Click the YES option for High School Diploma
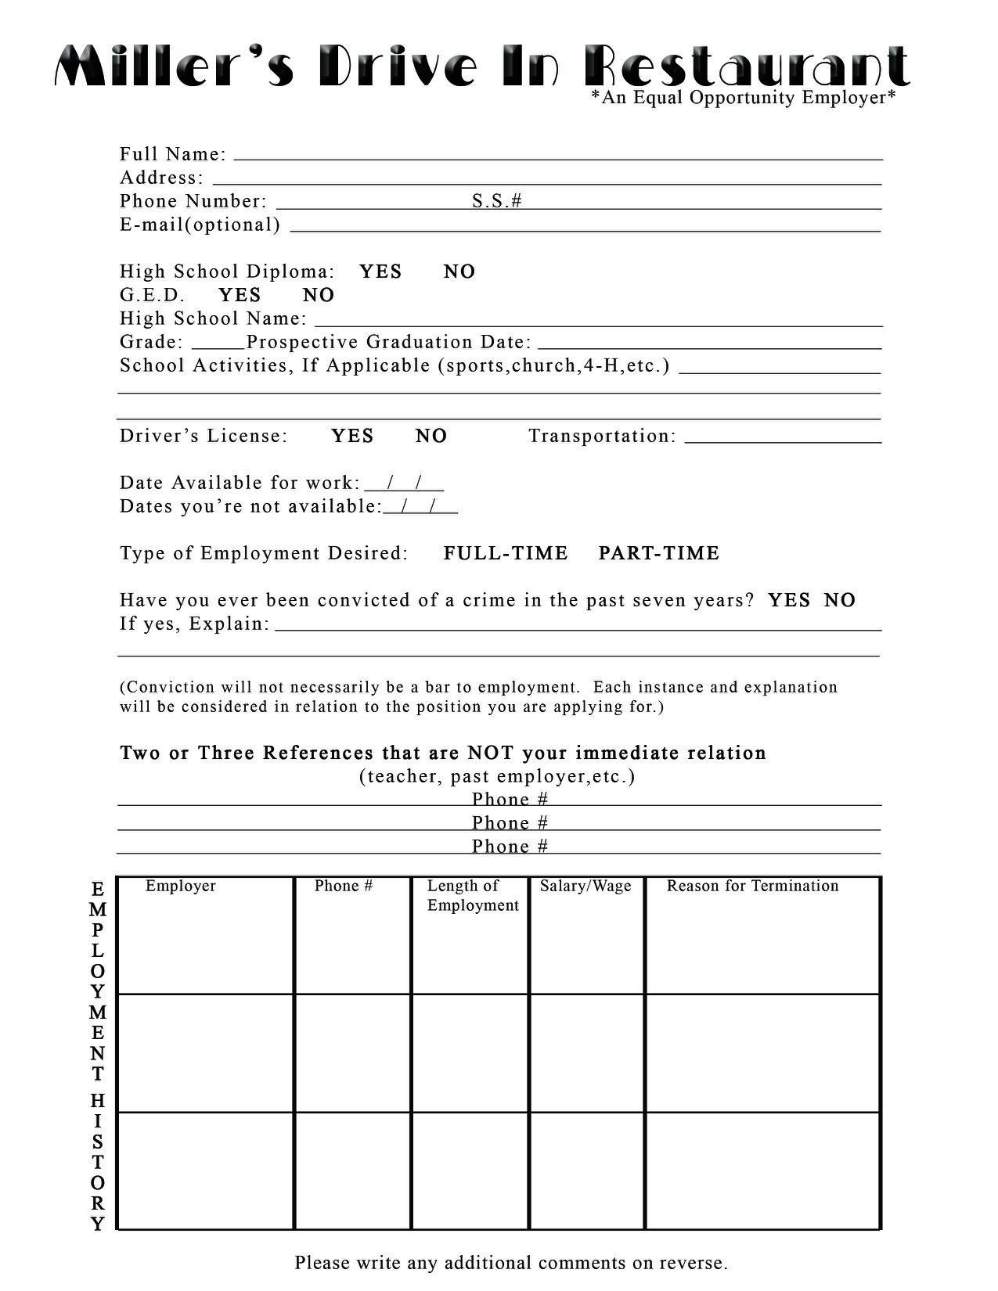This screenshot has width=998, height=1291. coord(380,272)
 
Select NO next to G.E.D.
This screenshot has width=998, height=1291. coord(318,295)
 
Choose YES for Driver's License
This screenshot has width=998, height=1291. coord(352,436)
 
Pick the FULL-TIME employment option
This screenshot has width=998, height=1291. coord(505,553)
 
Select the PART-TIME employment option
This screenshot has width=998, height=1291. coord(658,553)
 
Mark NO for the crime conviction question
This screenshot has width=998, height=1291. coord(840,600)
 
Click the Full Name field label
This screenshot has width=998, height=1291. coord(173,154)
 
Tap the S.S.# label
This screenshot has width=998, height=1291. coord(496,201)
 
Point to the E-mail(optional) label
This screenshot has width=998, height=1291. coord(200,225)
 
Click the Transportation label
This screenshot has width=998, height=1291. coord(602,436)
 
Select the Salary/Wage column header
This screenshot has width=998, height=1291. coord(585,886)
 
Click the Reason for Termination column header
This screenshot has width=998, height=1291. coord(752,886)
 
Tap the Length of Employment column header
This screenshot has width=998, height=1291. coord(473,895)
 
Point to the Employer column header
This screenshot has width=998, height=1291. coord(180,886)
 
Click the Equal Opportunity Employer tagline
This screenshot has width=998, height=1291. coord(743,98)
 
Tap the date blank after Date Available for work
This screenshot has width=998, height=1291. coord(404,484)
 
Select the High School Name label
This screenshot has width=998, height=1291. coord(213,318)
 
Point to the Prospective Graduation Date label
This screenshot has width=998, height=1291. coord(389,342)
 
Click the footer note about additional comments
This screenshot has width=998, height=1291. coord(511,1262)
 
